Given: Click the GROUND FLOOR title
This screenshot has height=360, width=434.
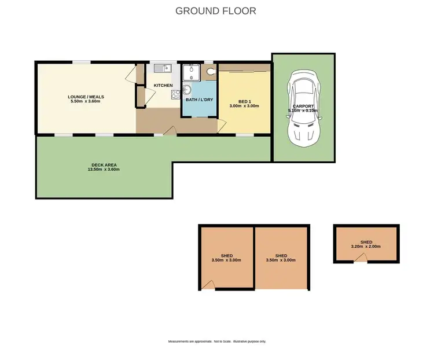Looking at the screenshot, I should click(215, 11).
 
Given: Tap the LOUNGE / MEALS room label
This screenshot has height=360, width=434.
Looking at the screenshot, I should click(86, 97).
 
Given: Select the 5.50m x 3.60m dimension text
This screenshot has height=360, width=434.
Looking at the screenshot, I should click(86, 102).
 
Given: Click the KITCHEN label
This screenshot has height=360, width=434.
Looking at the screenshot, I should click(163, 86).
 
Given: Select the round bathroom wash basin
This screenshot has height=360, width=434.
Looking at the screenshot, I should click(187, 89).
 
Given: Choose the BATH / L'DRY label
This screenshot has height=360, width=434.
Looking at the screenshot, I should click(198, 100).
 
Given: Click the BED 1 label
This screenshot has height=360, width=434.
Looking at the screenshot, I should click(244, 101).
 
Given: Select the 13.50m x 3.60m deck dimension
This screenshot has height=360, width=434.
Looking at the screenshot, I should click(103, 170).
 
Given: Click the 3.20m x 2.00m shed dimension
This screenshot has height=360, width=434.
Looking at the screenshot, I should click(366, 247).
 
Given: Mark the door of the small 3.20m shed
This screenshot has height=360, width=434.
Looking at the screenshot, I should click(360, 259).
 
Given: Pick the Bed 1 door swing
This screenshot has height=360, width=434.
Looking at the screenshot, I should click(221, 126).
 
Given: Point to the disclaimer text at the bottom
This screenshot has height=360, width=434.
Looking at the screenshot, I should click(217, 341).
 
